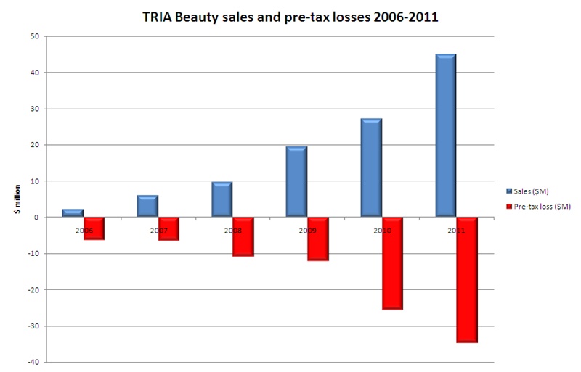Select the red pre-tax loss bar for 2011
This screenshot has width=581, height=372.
point(467,279)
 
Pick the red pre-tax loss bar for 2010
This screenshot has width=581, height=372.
point(392,263)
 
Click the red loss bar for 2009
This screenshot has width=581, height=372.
point(318,239)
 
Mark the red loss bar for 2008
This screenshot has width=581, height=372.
point(243,236)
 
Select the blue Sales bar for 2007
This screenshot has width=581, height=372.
point(147,206)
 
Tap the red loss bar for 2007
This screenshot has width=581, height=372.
point(169,228)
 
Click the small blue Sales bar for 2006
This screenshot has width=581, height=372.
point(73,213)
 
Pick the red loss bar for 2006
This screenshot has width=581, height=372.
point(94,228)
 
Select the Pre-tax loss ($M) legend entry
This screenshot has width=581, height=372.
point(541,207)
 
